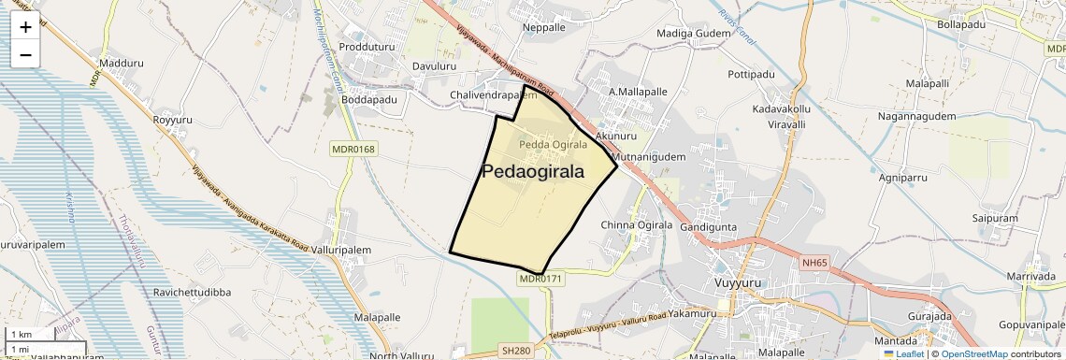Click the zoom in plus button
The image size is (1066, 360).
pos(25,27)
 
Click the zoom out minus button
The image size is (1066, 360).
pos(25,55)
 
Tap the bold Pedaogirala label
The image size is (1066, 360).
pos(533,172)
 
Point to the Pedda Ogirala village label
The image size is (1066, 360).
pos(554,145)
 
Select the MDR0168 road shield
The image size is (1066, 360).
pos(353,149)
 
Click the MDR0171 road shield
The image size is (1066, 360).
pos(540,279)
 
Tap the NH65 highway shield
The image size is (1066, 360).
pos(814,263)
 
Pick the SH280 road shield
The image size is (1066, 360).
pos(514,350)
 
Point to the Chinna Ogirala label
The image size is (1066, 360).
pos(637,225)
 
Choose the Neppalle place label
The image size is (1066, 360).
pos(544,28)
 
